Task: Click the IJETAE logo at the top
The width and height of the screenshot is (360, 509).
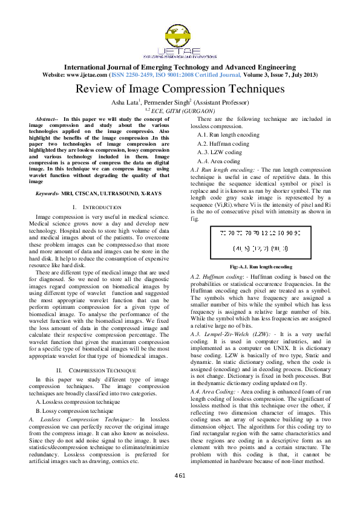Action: (179, 33)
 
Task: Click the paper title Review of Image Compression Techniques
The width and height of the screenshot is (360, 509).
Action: (180, 89)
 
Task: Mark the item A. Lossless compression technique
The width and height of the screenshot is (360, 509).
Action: (78, 384)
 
